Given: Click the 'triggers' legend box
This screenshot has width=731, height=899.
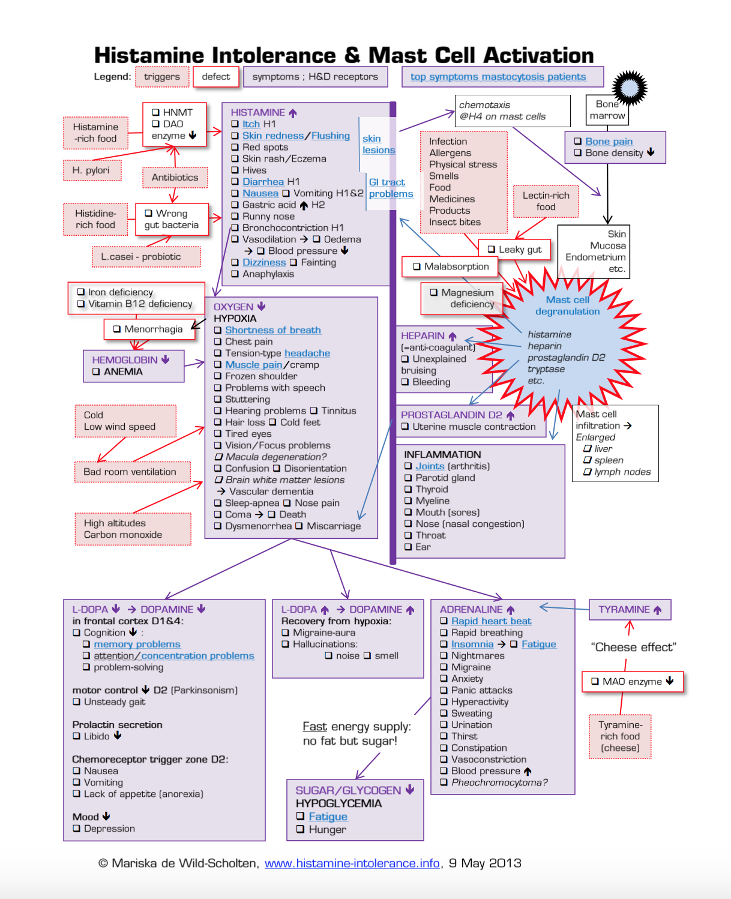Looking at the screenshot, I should (162, 77).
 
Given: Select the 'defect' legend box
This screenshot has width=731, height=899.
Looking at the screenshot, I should (215, 77).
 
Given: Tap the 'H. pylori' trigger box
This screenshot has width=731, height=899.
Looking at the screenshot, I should (91, 170).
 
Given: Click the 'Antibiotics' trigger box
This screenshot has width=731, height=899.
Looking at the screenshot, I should (175, 178).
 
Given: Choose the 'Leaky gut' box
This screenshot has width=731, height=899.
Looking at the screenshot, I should (514, 250).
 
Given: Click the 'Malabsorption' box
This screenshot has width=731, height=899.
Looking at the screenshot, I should (451, 266).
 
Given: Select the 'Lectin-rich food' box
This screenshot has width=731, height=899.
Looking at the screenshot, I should (546, 201).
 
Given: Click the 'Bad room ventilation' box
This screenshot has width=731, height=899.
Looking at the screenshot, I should (130, 472).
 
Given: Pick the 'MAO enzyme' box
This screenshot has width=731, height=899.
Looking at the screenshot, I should (633, 682).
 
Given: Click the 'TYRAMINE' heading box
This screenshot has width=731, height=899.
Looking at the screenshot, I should (630, 610).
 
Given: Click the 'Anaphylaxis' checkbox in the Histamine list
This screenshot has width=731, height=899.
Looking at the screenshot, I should (235, 274).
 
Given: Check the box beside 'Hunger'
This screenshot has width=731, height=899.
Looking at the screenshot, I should (301, 829).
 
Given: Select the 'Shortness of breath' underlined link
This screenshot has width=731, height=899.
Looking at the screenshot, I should (273, 330).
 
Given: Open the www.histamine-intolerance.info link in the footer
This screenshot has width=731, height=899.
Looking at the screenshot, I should (352, 864).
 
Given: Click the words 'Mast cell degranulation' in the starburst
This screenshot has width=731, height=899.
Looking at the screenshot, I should (567, 305).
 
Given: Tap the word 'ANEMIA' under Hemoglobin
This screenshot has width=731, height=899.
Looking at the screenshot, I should (123, 371).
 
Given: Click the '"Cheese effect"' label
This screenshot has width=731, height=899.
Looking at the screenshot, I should (633, 647).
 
